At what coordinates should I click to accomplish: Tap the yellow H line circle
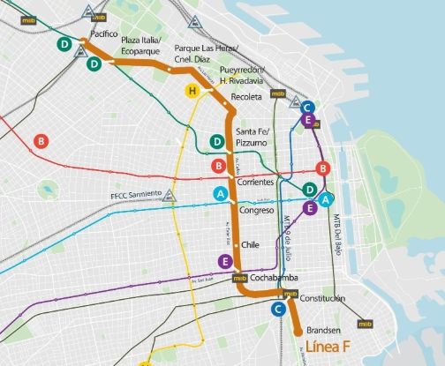(x=189, y=90)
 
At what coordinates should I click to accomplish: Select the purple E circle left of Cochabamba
(x=225, y=261)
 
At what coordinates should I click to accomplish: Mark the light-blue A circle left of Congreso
(x=221, y=194)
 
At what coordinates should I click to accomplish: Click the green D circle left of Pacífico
(x=64, y=44)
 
